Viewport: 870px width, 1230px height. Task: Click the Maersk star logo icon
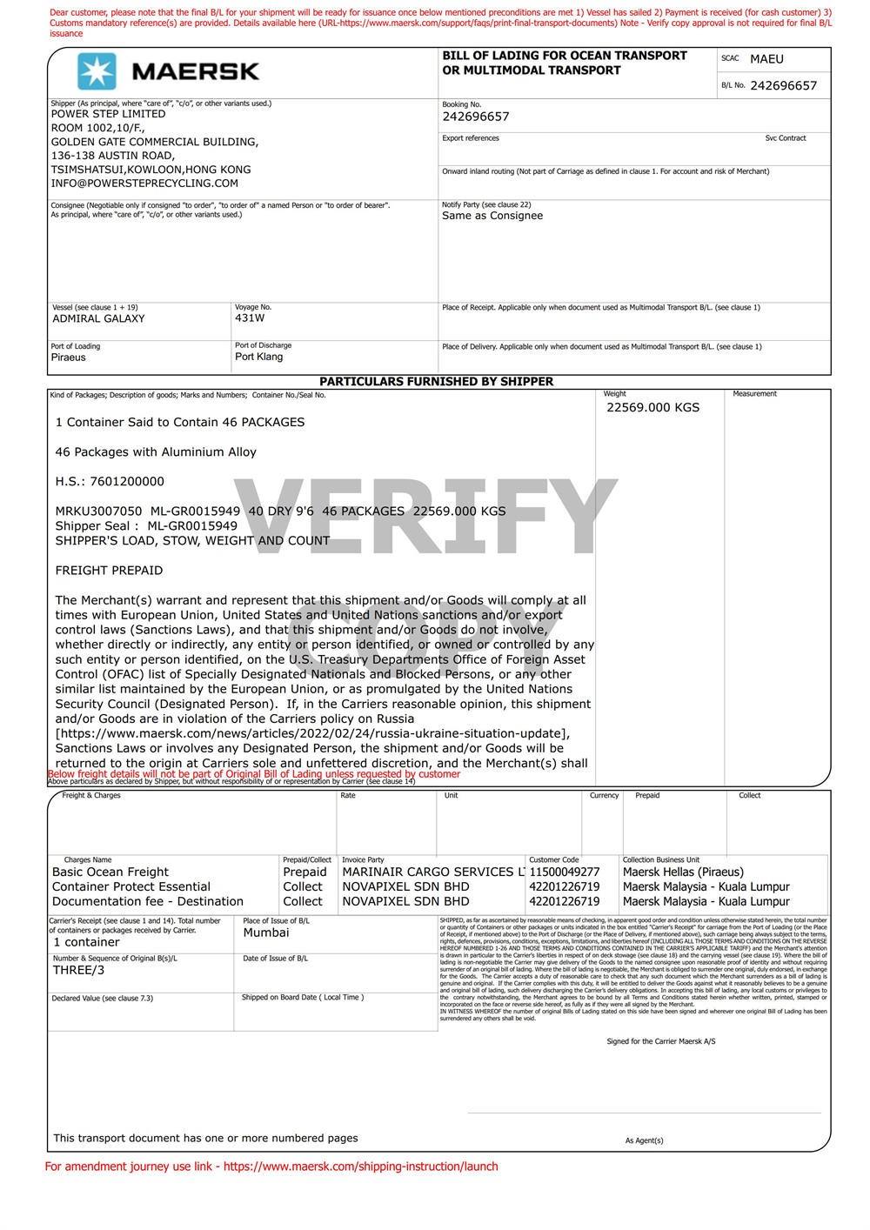point(96,70)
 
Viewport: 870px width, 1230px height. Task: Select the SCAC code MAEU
point(766,59)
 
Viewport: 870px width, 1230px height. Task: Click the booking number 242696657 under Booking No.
point(475,117)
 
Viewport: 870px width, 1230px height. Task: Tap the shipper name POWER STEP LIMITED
point(108,114)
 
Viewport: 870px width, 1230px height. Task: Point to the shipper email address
point(144,184)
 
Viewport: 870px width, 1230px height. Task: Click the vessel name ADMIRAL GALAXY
point(98,318)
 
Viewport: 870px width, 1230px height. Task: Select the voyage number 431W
point(250,318)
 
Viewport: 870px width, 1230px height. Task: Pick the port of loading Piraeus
point(69,358)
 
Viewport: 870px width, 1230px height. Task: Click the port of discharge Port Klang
point(258,357)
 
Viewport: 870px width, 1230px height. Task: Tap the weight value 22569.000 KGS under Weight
point(652,407)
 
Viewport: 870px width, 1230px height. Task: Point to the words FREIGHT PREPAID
point(109,571)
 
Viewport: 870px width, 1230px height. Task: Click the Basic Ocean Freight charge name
point(110,872)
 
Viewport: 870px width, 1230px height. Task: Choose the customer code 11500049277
point(564,872)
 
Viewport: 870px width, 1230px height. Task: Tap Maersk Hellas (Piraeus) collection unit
point(683,872)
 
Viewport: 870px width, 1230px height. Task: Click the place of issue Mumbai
point(266,933)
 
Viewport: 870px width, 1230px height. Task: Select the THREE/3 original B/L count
point(78,970)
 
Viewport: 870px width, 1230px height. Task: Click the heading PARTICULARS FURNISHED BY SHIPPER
point(436,381)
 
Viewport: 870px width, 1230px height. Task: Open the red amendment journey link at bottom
point(360,1166)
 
